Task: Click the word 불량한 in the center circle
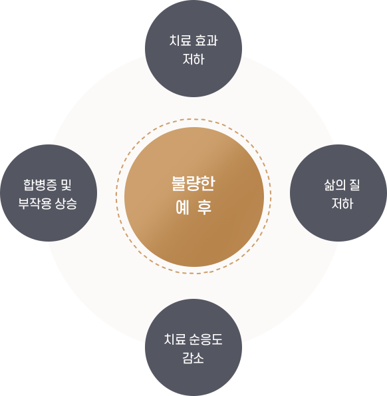(193, 183)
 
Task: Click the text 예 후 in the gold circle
(193, 207)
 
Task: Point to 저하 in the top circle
(193, 59)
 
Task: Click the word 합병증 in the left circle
(40, 185)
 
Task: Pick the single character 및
(66, 185)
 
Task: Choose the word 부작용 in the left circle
(35, 204)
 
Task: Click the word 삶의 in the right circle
(334, 185)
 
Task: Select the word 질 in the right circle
(354, 185)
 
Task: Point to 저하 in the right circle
(342, 204)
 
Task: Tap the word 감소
(193, 358)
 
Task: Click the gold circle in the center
(194, 197)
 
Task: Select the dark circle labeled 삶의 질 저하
(338, 193)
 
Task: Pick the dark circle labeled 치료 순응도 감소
(193, 347)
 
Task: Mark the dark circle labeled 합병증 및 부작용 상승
(49, 193)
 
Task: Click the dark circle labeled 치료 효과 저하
(193, 49)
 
